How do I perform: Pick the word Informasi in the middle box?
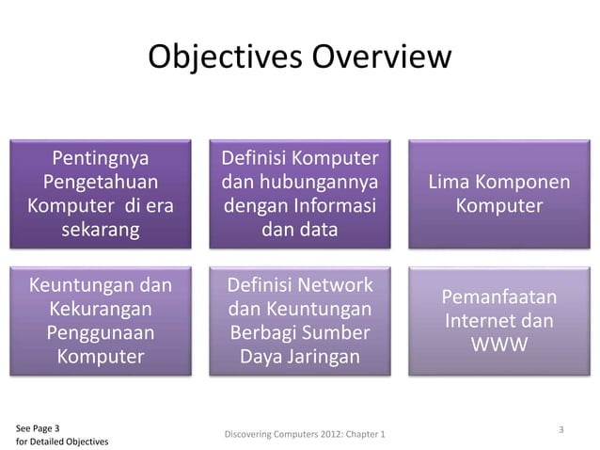[x=335, y=204]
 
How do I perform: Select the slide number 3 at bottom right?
[x=561, y=429]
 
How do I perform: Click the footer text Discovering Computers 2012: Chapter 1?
[x=308, y=434]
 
